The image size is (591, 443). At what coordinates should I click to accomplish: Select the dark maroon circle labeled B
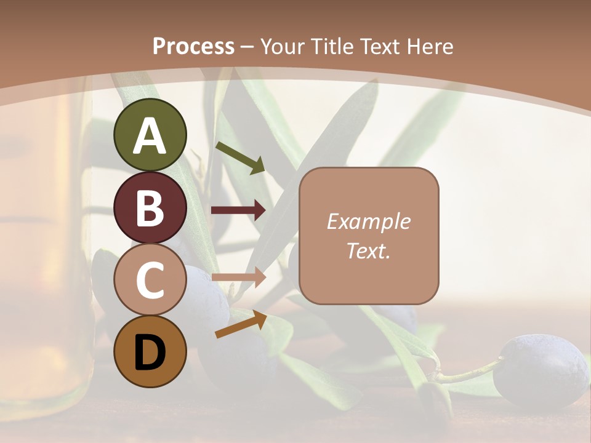[x=150, y=208]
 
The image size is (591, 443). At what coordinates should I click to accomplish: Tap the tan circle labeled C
[x=150, y=280]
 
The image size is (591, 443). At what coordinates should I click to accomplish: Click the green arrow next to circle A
[x=240, y=158]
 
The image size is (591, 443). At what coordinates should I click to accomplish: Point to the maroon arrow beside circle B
[x=238, y=210]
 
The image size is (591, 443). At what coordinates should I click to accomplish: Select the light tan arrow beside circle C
[x=238, y=277]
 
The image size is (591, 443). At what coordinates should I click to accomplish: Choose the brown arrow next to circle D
[x=241, y=325]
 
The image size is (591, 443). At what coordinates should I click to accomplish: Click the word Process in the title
[x=193, y=46]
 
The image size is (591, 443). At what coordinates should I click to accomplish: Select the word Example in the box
[x=368, y=221]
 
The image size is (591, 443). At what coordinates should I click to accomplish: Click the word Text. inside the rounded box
[x=368, y=250]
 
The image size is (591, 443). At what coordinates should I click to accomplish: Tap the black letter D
[x=150, y=353]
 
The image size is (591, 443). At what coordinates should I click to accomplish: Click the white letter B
[x=150, y=207]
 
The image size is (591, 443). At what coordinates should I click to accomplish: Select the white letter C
[x=150, y=280]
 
